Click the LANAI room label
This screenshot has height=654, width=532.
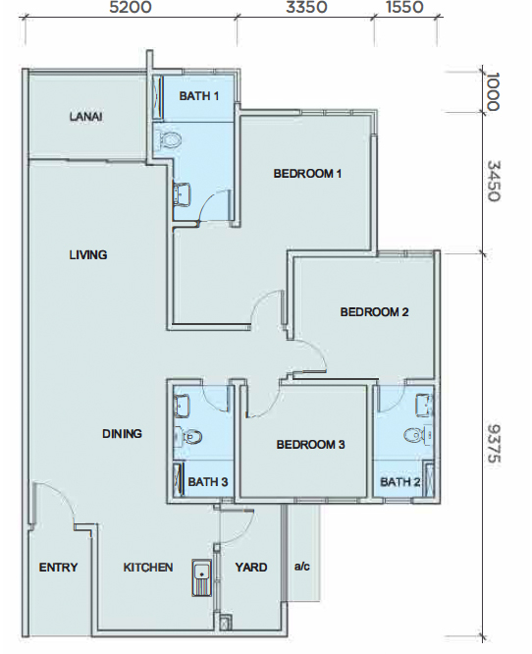[x=86, y=117]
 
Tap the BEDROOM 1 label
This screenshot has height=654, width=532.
[x=307, y=174]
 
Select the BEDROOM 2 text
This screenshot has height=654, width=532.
[x=374, y=312]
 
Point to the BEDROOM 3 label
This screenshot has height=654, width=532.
[x=310, y=445]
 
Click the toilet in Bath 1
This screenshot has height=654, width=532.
[x=168, y=138]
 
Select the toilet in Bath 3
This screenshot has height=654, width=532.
[x=188, y=436]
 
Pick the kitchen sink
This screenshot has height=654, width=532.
[x=202, y=577]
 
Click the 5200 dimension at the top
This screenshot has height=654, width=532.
[x=131, y=7]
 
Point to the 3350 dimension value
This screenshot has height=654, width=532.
[x=306, y=7]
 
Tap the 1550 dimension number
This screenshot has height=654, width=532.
[x=404, y=7]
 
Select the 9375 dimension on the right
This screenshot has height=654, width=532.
[x=494, y=444]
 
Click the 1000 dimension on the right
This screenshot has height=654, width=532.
[x=493, y=91]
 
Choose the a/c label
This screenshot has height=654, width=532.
[x=302, y=567]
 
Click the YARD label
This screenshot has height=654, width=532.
[x=251, y=568]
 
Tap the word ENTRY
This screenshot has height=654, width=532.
[x=58, y=568]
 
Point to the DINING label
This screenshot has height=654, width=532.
[x=122, y=434]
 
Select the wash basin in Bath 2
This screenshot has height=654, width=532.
[x=424, y=406]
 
